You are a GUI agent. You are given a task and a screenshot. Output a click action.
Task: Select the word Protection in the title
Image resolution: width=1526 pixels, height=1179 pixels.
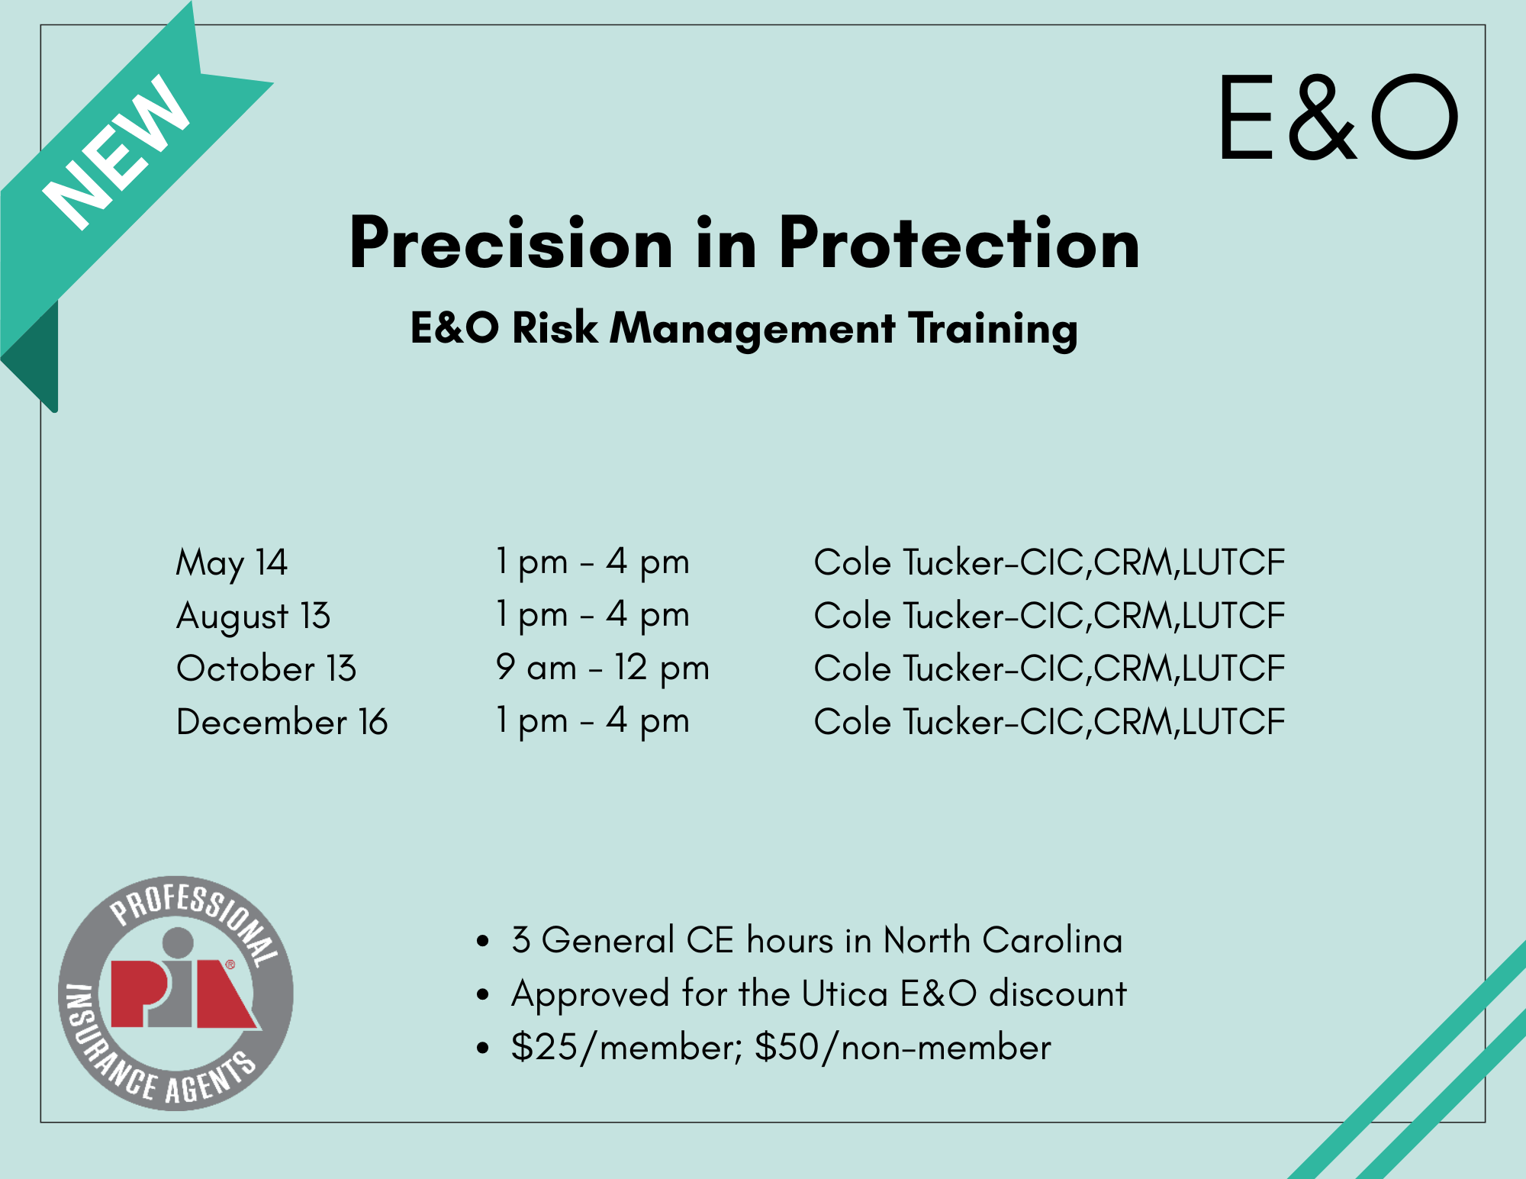[959, 243]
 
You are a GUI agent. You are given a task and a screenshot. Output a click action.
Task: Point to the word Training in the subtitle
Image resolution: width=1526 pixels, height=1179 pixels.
[993, 329]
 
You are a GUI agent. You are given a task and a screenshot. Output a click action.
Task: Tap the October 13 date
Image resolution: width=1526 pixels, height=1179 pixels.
[266, 669]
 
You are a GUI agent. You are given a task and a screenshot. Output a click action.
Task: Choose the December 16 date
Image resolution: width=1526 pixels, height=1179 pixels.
[282, 722]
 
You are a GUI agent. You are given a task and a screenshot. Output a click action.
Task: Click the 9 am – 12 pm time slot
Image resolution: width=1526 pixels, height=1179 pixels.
[603, 668]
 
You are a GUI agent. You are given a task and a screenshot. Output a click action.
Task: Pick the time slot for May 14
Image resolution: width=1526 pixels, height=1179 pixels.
[593, 562]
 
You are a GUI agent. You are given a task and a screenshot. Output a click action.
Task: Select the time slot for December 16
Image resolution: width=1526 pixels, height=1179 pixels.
[593, 721]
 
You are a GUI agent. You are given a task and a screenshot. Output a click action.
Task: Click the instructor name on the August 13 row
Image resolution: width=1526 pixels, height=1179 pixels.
[1050, 616]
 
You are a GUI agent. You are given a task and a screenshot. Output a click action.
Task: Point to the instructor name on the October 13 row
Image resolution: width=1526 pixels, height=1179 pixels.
[1050, 668]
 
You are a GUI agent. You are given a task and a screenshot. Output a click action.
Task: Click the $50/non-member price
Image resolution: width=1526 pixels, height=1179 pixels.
[903, 1047]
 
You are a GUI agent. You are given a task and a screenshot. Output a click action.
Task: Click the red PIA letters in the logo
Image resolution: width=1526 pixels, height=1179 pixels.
[184, 992]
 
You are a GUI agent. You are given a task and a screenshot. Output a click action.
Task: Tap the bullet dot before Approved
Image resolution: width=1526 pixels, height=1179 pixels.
[482, 995]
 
